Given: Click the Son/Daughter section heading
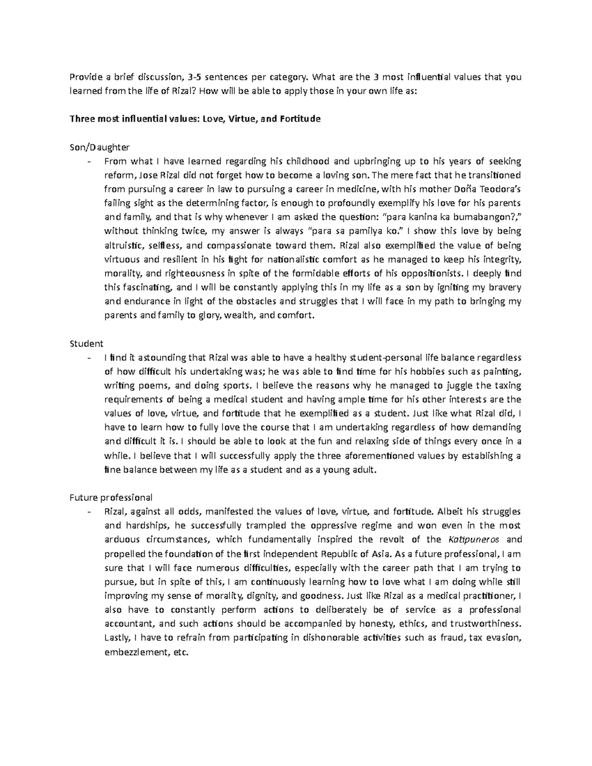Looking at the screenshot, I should click(x=100, y=147).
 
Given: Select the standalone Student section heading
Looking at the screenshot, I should click(x=86, y=343).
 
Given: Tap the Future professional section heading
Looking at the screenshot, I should click(x=111, y=497).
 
